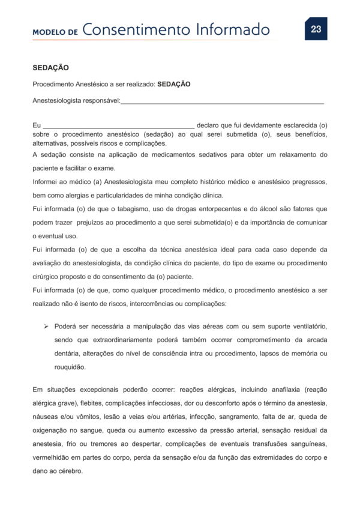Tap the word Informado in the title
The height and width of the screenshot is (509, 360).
coord(235,29)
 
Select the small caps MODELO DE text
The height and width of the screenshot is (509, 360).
coord(55,32)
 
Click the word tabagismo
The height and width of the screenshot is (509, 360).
coord(121,209)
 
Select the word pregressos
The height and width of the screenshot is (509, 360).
coord(308,181)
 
